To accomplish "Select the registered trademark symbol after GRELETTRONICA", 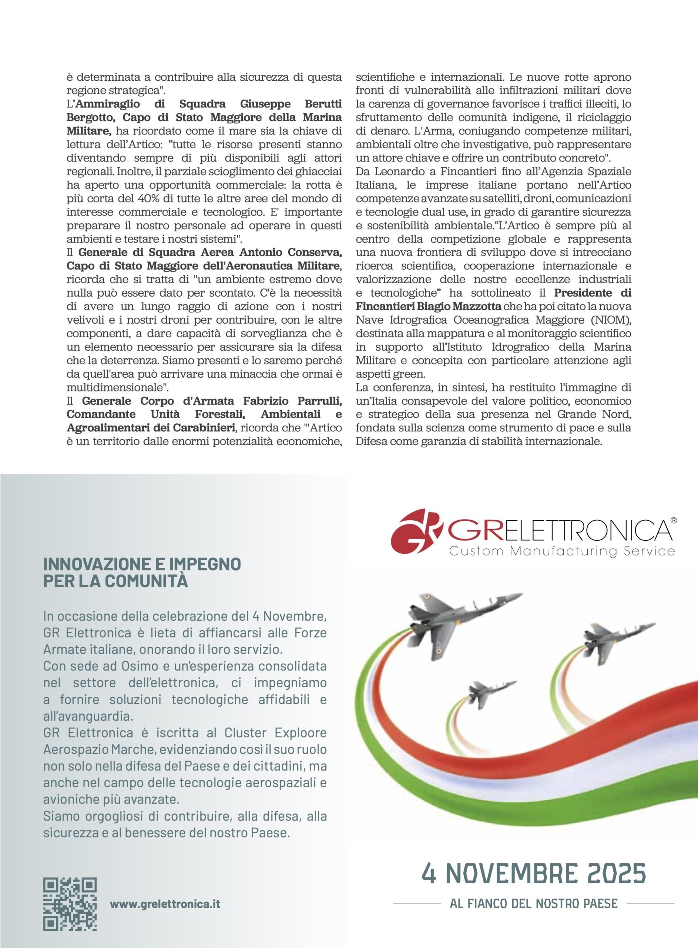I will click(x=674, y=521).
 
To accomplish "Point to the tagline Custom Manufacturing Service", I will click(x=561, y=551).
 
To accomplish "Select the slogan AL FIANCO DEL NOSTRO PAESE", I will click(x=534, y=904).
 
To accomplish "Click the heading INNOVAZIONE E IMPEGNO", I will click(x=142, y=564).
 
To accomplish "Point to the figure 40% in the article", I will click(x=150, y=198).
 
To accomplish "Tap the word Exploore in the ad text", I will click(x=301, y=733).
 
